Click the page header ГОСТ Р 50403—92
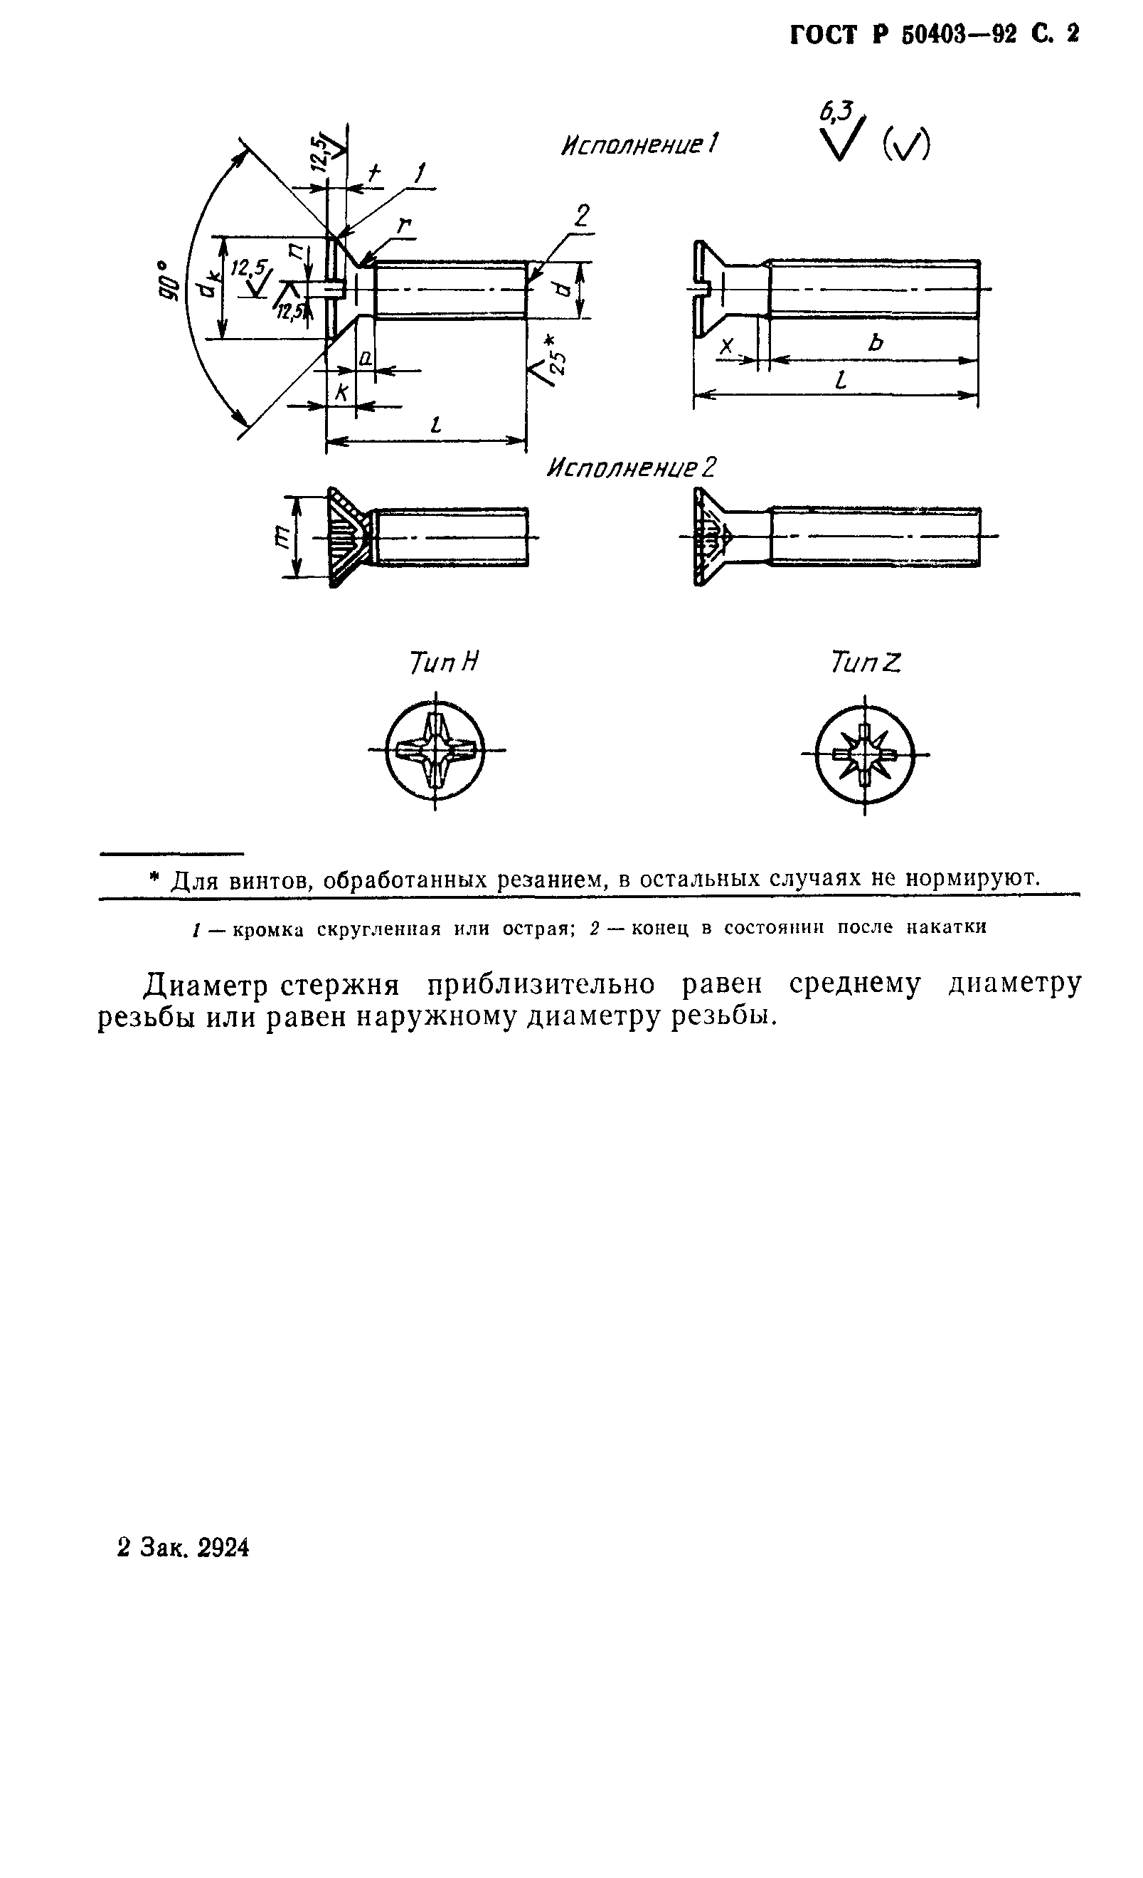point(903,35)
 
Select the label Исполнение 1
point(639,144)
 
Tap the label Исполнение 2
point(632,468)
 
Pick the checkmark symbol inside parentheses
point(906,143)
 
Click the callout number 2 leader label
point(580,216)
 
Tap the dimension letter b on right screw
point(875,343)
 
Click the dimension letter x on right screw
point(727,346)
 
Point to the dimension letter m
point(280,538)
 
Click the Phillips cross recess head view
point(435,751)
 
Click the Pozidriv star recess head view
point(864,754)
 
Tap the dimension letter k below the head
point(342,393)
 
